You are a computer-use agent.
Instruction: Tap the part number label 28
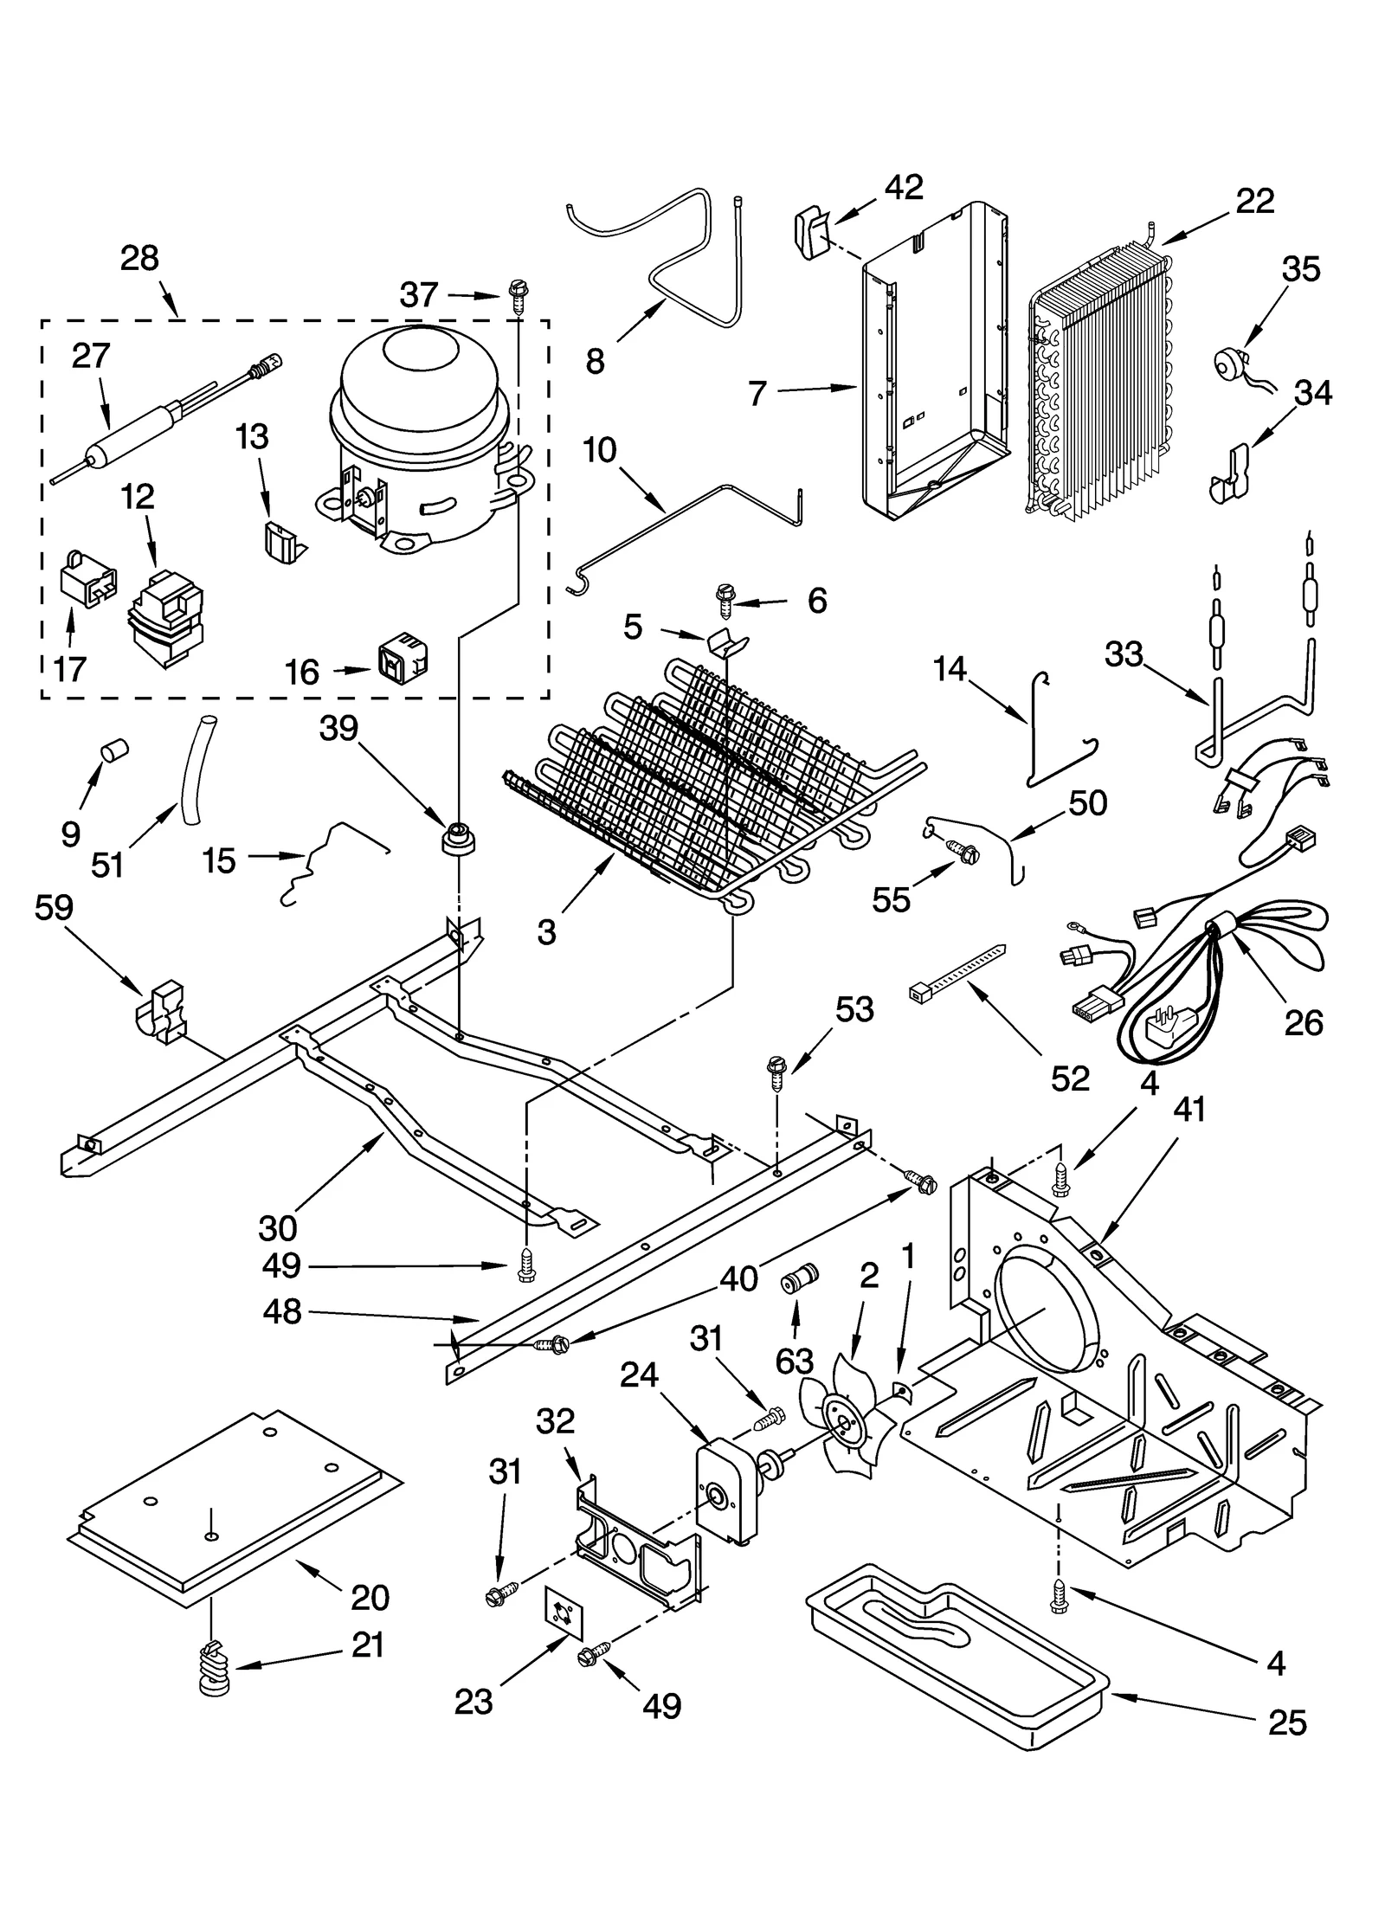pyautogui.click(x=140, y=258)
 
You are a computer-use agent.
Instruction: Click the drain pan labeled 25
pyautogui.click(x=952, y=1649)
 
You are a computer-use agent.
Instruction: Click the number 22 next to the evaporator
pyautogui.click(x=1255, y=201)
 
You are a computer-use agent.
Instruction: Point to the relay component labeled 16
pyautogui.click(x=403, y=660)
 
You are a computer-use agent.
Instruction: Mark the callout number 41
pyautogui.click(x=1189, y=1110)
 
